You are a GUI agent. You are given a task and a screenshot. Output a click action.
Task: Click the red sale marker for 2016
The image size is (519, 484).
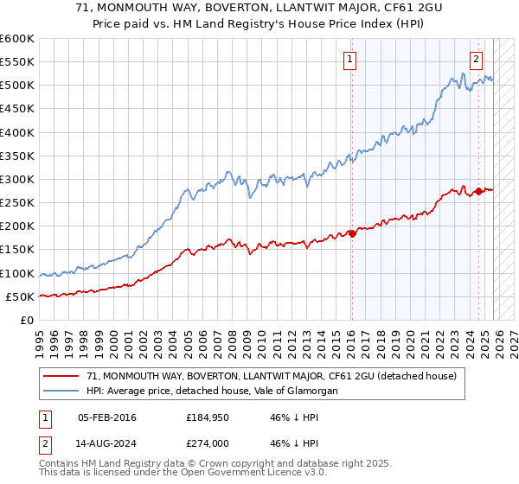click(352, 233)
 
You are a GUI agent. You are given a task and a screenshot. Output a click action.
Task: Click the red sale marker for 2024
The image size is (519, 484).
click(478, 192)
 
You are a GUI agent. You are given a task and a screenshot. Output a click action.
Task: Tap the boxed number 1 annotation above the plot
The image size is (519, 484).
click(349, 60)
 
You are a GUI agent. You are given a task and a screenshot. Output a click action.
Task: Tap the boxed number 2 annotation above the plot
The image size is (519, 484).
click(476, 60)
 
